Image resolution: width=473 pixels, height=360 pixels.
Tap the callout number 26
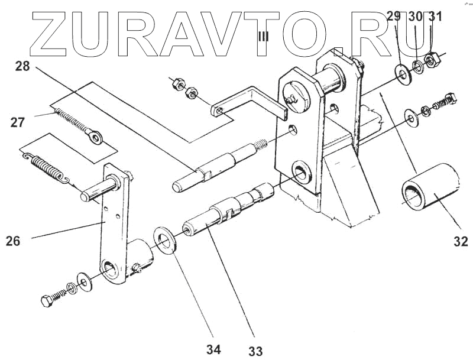click(13, 241)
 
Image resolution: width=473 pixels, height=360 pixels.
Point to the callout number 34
click(213, 349)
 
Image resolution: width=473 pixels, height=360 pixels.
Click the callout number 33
click(255, 351)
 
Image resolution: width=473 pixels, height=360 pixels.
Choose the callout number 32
click(461, 241)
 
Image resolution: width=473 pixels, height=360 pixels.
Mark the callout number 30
click(415, 17)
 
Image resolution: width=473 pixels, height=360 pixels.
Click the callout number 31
click(435, 17)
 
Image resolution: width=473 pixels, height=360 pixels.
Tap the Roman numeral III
click(263, 37)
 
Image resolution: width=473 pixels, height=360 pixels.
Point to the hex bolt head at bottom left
click(47, 301)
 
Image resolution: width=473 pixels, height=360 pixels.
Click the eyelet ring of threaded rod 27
click(94, 138)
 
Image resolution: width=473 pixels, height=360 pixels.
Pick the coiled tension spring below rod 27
click(49, 166)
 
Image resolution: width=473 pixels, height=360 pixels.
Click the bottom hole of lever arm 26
click(110, 271)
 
